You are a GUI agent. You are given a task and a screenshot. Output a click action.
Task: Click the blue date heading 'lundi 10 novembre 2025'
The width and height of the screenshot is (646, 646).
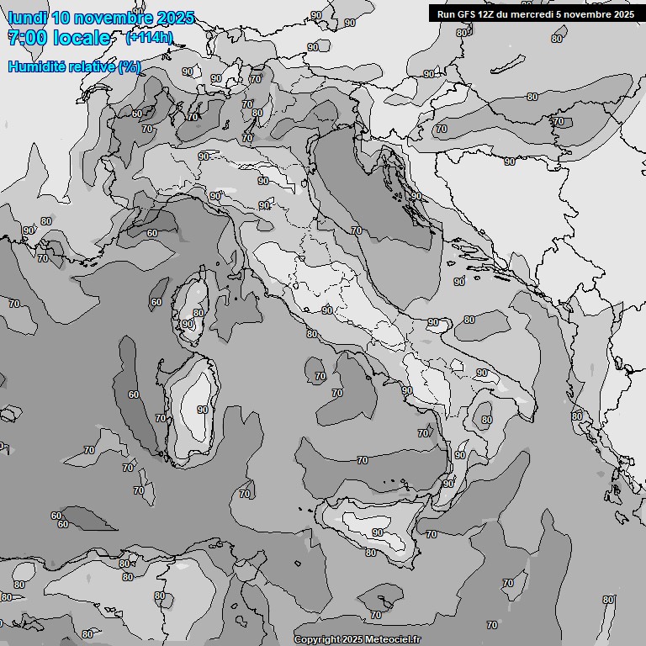[101, 18]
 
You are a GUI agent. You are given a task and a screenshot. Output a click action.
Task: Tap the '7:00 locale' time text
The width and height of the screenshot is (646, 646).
[59, 38]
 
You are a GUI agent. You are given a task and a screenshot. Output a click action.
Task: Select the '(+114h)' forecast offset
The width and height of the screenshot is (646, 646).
[149, 38]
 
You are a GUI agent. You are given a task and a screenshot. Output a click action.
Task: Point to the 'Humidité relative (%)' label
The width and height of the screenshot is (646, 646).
[75, 66]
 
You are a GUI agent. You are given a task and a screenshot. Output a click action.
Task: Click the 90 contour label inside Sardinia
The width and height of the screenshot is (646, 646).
[203, 410]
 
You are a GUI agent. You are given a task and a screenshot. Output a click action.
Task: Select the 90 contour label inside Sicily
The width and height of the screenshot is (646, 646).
[378, 532]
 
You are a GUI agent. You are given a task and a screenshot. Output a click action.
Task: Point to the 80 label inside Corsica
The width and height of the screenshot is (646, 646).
[199, 313]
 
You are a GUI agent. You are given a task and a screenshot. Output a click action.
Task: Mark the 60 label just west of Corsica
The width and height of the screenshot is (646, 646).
[156, 302]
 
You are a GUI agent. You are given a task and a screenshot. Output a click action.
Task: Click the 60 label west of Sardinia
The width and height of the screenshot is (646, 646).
[134, 394]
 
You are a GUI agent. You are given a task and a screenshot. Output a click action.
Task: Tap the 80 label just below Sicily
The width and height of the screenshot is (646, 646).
[371, 553]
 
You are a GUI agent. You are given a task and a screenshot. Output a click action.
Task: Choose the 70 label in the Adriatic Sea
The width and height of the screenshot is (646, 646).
[357, 230]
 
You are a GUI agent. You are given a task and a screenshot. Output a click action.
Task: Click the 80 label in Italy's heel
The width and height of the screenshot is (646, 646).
[486, 419]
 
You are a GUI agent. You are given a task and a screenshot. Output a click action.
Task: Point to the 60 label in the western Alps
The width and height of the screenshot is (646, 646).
[137, 114]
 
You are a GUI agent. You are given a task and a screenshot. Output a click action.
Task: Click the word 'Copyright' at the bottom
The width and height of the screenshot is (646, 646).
[315, 639]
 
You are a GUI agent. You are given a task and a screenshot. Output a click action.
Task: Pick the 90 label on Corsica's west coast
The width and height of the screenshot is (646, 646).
[188, 324]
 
